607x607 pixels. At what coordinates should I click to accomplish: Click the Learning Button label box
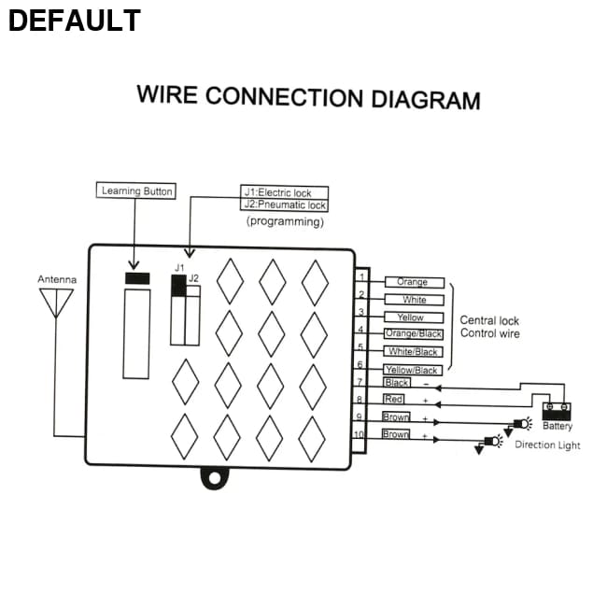pos(136,191)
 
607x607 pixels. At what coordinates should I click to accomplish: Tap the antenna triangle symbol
pos(55,302)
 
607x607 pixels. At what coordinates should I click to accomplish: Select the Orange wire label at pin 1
pos(413,282)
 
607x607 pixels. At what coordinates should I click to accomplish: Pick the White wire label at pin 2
pos(413,300)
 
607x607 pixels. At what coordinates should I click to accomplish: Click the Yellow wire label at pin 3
pos(411,318)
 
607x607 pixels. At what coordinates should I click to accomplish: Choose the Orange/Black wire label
pos(414,334)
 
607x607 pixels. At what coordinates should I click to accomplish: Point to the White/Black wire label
pos(413,352)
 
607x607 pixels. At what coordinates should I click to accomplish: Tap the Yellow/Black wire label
pos(413,370)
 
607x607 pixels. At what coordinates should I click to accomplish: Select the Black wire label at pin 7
pos(397,383)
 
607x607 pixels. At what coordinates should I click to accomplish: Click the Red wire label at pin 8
pos(394,400)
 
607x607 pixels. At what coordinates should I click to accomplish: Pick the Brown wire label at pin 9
pos(396,417)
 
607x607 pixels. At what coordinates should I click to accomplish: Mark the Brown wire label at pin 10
pos(396,434)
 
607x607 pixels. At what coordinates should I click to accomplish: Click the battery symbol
pos(558,409)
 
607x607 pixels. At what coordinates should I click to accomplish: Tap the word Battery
pos(558,426)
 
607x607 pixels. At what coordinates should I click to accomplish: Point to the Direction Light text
pos(547,445)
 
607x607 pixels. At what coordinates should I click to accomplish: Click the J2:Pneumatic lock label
pos(285,205)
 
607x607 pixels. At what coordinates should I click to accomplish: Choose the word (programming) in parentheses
pos(285,222)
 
